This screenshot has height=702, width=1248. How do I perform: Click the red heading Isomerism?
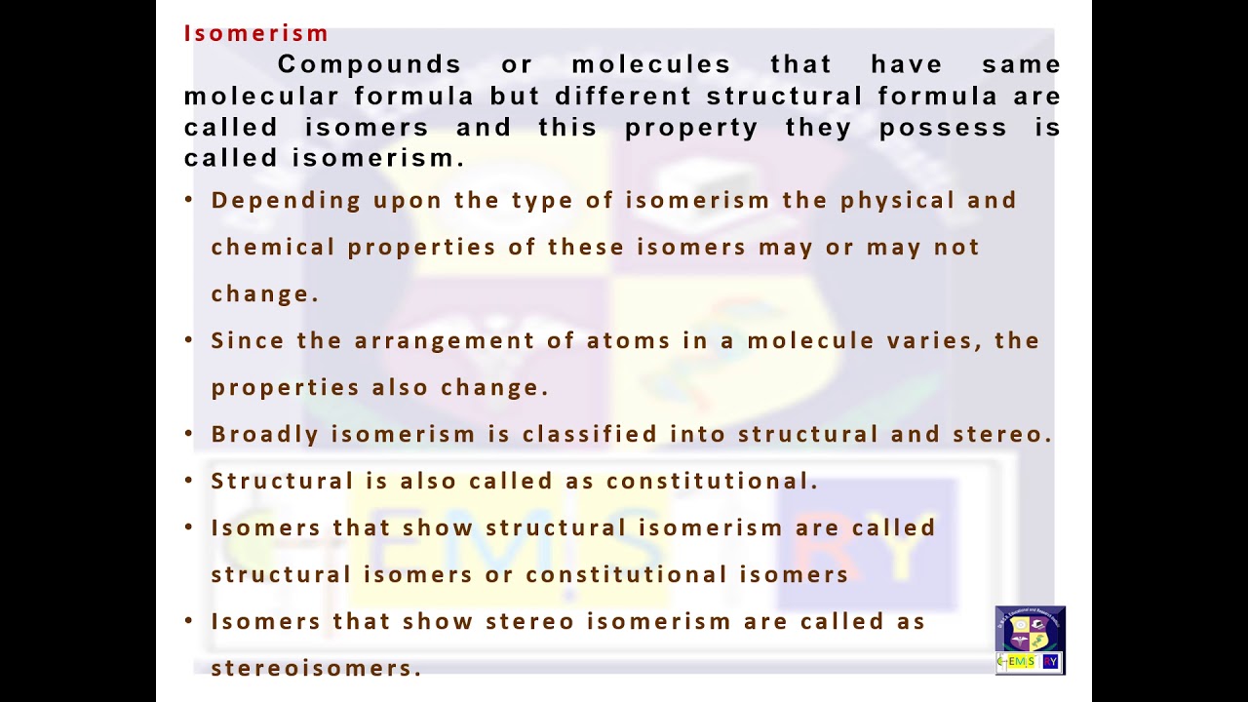pyautogui.click(x=256, y=33)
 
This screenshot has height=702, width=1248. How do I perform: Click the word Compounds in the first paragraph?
pyautogui.click(x=370, y=64)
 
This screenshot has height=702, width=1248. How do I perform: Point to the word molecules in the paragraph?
pyautogui.click(x=651, y=64)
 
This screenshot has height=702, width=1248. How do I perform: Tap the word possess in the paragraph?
pyautogui.click(x=943, y=128)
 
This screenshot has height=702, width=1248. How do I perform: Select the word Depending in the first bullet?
pyautogui.click(x=286, y=201)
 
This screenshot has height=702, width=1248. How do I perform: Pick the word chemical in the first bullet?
pyautogui.click(x=273, y=247)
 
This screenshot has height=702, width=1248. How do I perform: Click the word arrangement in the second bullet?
pyautogui.click(x=445, y=340)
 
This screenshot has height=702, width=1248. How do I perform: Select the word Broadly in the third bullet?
pyautogui.click(x=265, y=434)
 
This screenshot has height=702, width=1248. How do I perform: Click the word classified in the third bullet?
pyautogui.click(x=590, y=434)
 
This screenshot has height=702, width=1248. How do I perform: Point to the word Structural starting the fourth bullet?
pyautogui.click(x=282, y=481)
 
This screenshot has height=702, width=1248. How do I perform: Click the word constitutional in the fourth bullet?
pyautogui.click(x=712, y=481)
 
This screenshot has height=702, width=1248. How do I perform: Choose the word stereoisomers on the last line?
pyautogui.click(x=315, y=668)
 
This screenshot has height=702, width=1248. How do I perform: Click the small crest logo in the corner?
pyautogui.click(x=1031, y=641)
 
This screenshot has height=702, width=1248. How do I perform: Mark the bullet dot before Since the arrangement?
pyautogui.click(x=189, y=339)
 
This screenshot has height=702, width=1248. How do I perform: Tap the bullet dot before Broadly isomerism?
pyautogui.click(x=189, y=433)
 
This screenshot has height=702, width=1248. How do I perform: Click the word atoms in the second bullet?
pyautogui.click(x=629, y=340)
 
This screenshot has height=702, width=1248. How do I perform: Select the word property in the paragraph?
pyautogui.click(x=691, y=128)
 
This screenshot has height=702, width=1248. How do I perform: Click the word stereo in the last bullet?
pyautogui.click(x=529, y=621)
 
